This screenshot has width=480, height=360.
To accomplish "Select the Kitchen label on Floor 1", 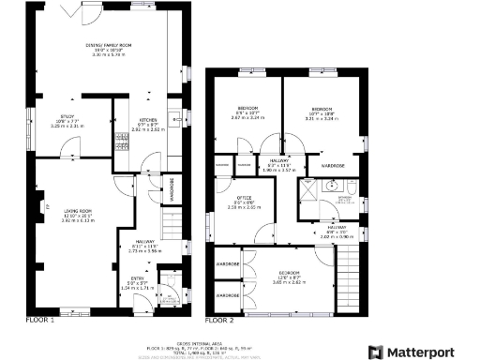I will click(147, 120).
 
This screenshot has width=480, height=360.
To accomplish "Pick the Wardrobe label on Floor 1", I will click(172, 189).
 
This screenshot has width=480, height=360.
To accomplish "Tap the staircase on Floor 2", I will click(348, 281).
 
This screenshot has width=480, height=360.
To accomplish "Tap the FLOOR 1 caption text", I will click(40, 320).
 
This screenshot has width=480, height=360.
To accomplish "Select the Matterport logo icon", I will click(376, 352).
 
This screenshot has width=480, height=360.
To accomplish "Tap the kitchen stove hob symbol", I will click(121, 141).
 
